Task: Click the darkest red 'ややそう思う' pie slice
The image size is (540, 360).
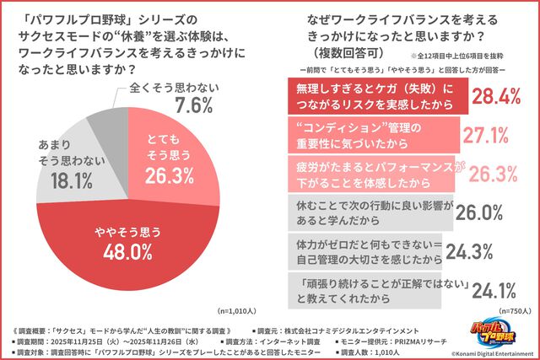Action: coord(127,240)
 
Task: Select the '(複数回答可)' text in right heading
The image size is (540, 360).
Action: coord(327,51)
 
